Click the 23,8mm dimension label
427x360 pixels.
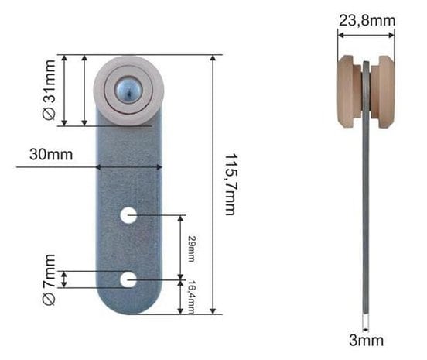(x=367, y=21)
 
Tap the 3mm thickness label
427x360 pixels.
(x=366, y=340)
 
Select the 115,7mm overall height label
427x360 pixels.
(x=230, y=184)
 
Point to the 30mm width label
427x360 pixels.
(x=51, y=154)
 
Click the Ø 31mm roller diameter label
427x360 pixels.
(x=49, y=90)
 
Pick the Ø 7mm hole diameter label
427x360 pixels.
(x=49, y=279)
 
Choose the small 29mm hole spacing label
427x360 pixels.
(x=192, y=249)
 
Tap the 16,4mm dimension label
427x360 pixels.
(x=192, y=297)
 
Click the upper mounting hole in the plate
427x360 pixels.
(x=128, y=215)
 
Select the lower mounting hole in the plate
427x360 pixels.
(x=128, y=279)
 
